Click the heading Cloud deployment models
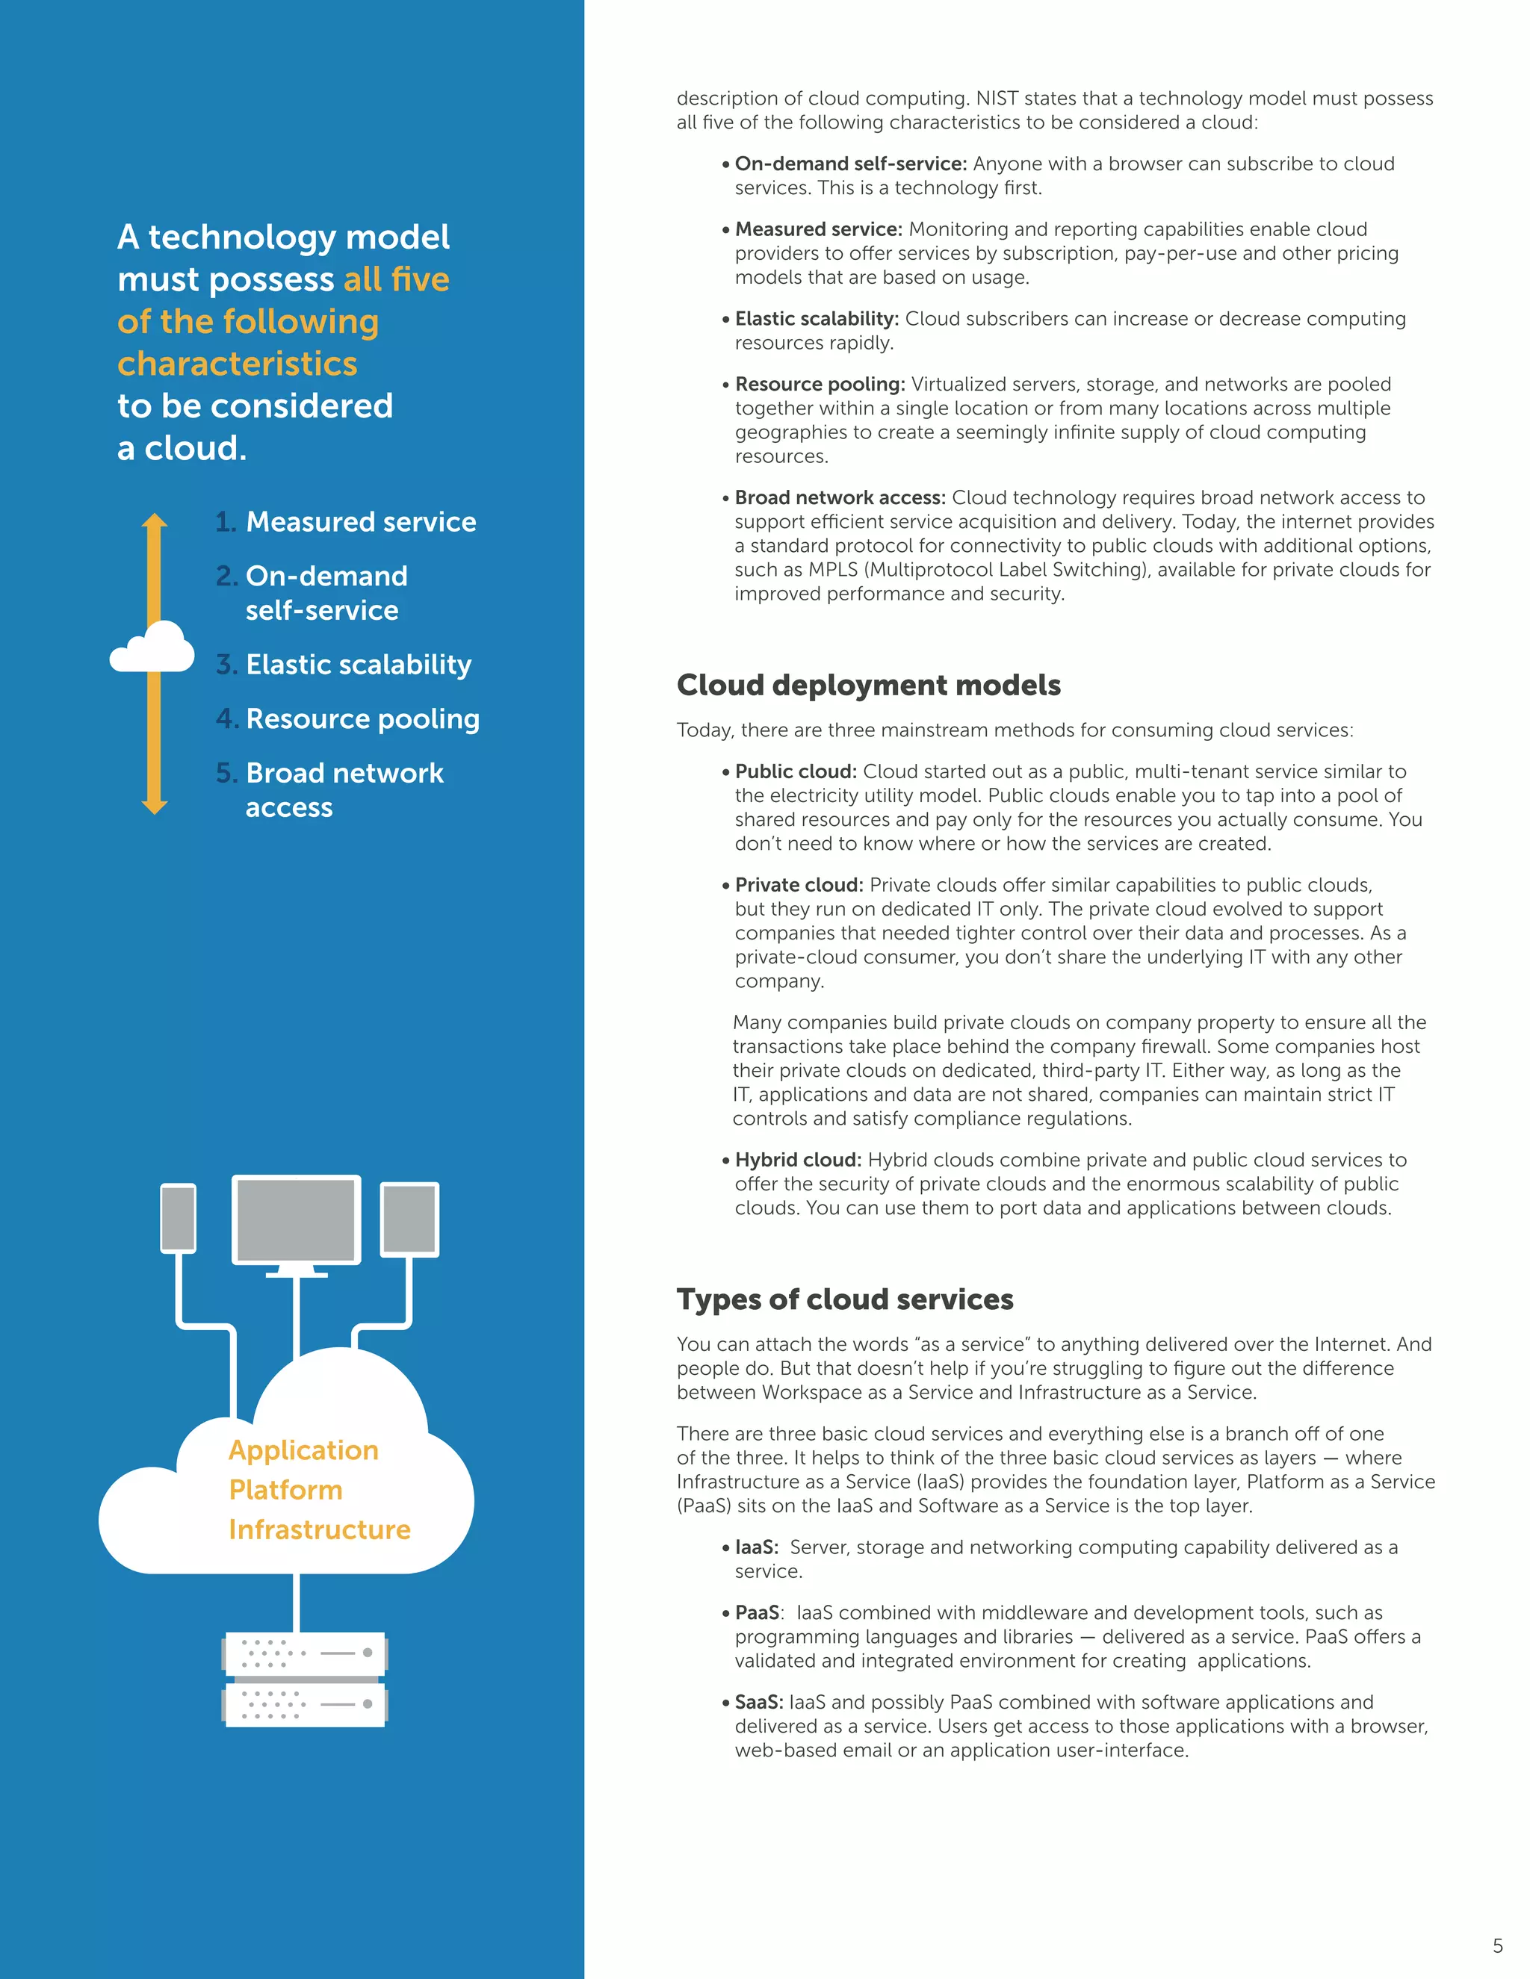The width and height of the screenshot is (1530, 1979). click(867, 685)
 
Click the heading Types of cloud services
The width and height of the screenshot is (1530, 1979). click(844, 1299)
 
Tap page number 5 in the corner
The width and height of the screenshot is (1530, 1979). click(1497, 1945)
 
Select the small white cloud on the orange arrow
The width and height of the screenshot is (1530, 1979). click(152, 648)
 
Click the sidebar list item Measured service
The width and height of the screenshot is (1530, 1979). click(360, 522)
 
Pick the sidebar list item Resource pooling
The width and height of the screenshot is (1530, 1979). click(362, 718)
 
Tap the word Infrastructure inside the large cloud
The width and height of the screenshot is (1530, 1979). click(319, 1529)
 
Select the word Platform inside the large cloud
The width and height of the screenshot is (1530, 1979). click(285, 1490)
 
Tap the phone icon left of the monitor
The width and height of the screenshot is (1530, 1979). click(179, 1218)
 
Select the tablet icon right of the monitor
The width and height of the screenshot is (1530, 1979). click(409, 1219)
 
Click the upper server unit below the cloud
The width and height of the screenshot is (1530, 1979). click(306, 1653)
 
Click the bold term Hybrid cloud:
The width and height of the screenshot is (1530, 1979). click(798, 1160)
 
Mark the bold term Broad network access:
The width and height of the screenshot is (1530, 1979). click(839, 497)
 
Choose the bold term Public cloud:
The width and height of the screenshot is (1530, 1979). click(795, 771)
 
